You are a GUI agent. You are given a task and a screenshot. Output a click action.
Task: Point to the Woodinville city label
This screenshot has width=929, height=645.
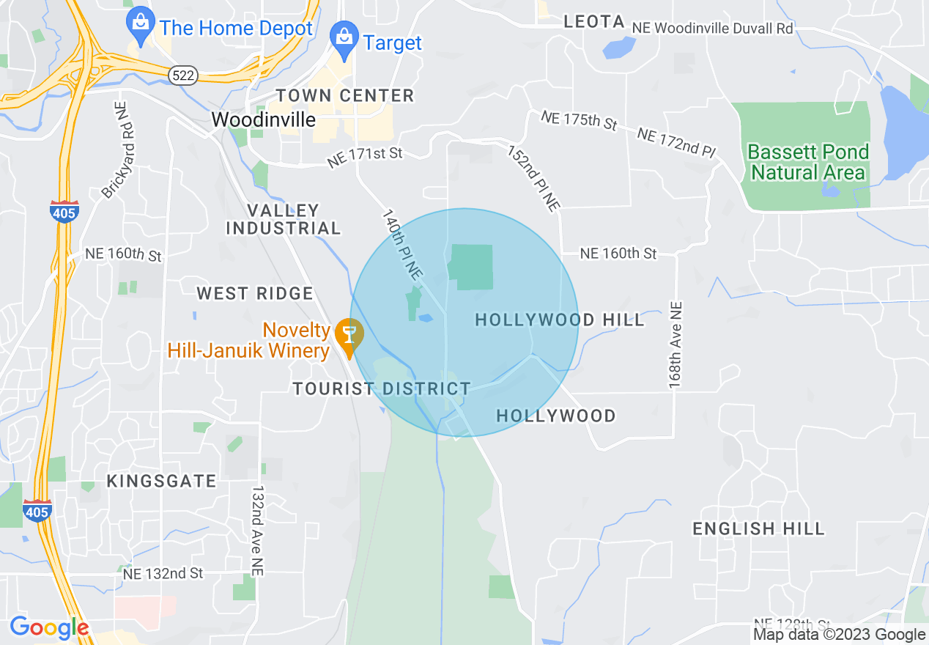[x=264, y=119]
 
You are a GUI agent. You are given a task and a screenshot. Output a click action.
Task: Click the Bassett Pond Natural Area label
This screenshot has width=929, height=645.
[x=808, y=162]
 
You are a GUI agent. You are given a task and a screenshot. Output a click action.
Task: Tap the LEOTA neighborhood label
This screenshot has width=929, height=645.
[x=594, y=22]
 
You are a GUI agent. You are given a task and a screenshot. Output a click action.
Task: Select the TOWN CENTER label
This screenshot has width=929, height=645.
[x=345, y=95]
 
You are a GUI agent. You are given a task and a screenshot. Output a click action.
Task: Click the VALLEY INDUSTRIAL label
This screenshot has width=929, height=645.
[x=284, y=219]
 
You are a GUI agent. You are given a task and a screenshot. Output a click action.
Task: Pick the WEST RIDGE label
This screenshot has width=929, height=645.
[x=255, y=294]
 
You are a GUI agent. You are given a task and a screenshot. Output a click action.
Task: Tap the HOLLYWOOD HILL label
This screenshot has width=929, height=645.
[x=560, y=320]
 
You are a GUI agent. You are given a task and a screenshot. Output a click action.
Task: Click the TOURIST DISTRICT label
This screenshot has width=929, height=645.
[x=382, y=388]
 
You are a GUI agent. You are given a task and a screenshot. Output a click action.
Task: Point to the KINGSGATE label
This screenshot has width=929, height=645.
[x=162, y=481]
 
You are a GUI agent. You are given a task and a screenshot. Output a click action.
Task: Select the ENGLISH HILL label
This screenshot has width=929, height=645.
[x=758, y=528]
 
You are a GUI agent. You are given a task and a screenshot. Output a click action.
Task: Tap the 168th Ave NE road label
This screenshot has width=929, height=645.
[x=675, y=344]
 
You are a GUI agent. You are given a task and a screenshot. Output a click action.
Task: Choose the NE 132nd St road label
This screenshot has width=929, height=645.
[x=163, y=573]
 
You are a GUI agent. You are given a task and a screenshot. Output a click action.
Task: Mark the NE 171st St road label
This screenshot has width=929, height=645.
[x=366, y=157]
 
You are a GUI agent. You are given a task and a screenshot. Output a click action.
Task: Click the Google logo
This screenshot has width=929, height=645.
[x=49, y=627]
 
